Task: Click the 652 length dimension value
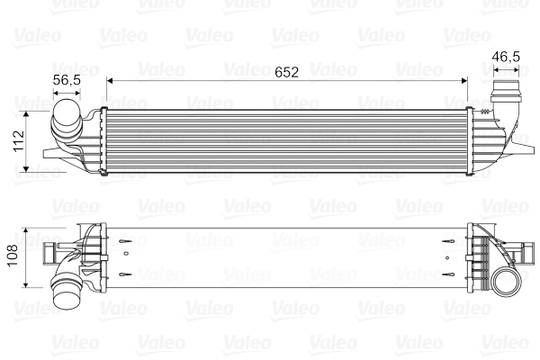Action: click(x=286, y=70)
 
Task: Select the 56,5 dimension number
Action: click(x=68, y=80)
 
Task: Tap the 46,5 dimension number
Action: click(x=505, y=57)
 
